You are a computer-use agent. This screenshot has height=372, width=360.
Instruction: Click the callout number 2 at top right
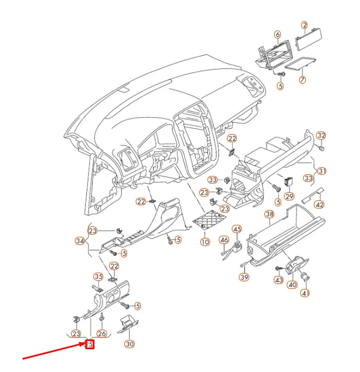click(x=305, y=25)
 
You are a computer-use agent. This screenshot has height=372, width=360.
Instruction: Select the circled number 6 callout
click(x=277, y=34)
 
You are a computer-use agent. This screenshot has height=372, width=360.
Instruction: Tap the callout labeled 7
click(x=302, y=80)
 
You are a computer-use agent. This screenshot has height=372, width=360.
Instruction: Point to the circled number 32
click(x=321, y=135)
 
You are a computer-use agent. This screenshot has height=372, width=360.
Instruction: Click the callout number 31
click(x=322, y=171)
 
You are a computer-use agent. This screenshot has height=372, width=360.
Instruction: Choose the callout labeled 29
click(x=289, y=197)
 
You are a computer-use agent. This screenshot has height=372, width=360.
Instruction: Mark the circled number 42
click(x=320, y=205)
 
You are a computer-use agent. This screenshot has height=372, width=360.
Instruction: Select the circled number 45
click(x=237, y=229)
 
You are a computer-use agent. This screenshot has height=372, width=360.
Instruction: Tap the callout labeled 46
click(x=224, y=239)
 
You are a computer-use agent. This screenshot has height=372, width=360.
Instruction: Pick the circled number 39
click(x=244, y=277)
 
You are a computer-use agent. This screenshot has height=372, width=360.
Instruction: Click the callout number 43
click(x=279, y=280)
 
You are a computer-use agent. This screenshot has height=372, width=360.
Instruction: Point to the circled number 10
click(x=205, y=242)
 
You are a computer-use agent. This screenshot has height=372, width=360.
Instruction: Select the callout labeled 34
click(x=80, y=240)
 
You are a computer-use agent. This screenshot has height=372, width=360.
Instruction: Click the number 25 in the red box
click(x=90, y=344)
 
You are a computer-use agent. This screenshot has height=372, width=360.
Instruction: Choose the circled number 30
click(x=129, y=344)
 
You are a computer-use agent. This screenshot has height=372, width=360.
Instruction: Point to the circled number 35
click(x=98, y=276)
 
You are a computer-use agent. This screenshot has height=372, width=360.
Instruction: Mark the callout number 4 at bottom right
click(x=305, y=293)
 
